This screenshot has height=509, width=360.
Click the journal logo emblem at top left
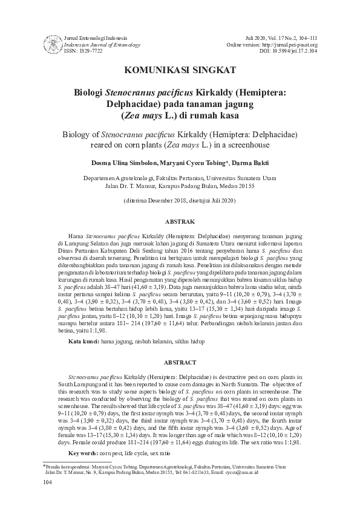tap(53, 44)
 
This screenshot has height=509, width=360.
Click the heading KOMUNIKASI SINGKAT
tap(180, 70)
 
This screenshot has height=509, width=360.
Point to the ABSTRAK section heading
tap(180, 222)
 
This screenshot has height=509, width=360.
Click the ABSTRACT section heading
tap(180, 362)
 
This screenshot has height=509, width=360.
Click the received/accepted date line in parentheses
tap(180, 199)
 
